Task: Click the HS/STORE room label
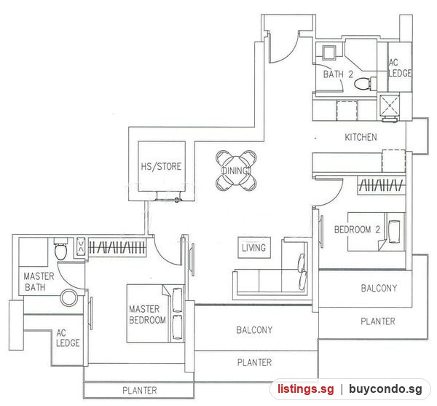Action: pos(161,166)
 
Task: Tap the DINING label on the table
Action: pos(236,171)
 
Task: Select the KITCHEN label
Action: pos(361,137)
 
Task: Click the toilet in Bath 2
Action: pos(366,83)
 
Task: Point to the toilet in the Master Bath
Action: pos(60,249)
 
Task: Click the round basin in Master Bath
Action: pos(68,298)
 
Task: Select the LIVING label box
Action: pos(254,248)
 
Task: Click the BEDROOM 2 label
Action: pos(357,230)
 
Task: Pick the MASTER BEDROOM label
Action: pos(147,314)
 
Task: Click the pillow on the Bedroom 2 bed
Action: pos(394,232)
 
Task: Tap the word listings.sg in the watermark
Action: pos(305,389)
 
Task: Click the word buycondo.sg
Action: pos(385,389)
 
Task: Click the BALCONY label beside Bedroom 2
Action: pos(379,288)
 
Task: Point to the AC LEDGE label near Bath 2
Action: pos(400,68)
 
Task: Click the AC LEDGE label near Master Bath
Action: pos(68,338)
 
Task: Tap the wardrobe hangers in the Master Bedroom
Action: pos(117,247)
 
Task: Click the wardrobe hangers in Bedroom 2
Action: pos(382,185)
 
